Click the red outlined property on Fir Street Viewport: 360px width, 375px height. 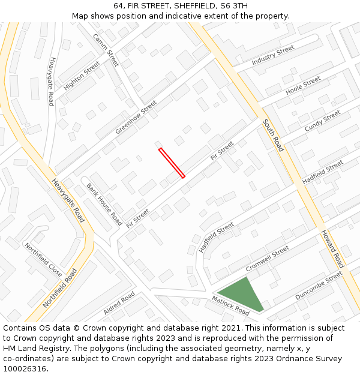point(172,163)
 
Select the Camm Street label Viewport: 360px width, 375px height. point(106,50)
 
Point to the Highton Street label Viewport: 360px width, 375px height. point(82,76)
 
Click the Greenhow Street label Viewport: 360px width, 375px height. point(136,117)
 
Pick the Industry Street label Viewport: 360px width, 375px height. point(273,55)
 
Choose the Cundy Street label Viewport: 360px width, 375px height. point(322,121)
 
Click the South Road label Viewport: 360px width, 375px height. point(272,135)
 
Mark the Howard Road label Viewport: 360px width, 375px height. point(332,248)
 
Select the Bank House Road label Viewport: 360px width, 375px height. point(104,204)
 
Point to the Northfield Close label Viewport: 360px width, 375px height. point(43,260)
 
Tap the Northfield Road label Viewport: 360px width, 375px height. point(60,288)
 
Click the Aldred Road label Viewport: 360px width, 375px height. point(119,303)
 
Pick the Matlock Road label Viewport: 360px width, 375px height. point(230,305)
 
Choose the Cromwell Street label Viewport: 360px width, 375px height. point(267,259)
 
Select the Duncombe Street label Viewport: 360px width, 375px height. point(319,286)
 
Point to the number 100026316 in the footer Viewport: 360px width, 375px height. point(23,368)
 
